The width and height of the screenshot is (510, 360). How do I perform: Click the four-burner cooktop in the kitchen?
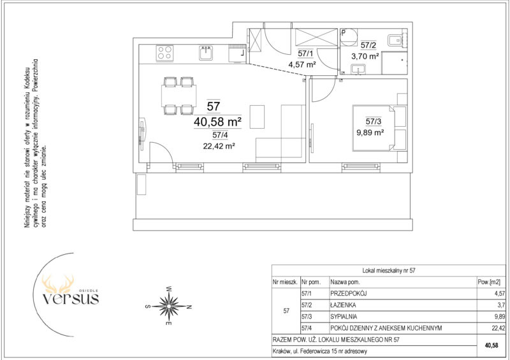(164, 53)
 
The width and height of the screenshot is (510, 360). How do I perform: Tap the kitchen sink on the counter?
(206, 53)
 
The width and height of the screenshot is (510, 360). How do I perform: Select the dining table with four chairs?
(178, 96)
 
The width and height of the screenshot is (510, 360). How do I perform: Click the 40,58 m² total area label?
(217, 122)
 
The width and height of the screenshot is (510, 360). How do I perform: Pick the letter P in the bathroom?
(343, 32)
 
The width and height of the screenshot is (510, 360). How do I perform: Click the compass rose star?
(169, 306)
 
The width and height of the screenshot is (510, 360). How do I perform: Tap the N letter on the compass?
(189, 306)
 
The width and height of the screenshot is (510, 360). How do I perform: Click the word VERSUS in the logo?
(71, 298)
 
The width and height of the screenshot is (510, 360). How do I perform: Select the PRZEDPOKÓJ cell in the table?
(348, 294)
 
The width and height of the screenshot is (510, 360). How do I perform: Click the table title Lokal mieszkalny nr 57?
(389, 270)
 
